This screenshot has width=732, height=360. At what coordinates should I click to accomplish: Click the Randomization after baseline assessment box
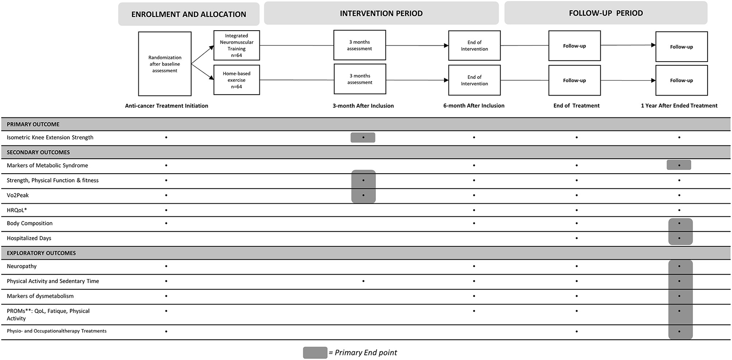(165, 64)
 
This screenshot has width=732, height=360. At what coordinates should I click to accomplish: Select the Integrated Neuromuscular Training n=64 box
(237, 45)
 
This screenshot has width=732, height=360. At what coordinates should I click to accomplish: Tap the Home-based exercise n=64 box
(237, 80)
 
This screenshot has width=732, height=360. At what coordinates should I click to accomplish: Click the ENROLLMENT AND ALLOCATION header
(189, 14)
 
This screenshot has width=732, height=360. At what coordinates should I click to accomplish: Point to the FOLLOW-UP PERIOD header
(606, 13)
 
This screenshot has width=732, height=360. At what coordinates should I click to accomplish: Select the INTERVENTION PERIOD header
(381, 14)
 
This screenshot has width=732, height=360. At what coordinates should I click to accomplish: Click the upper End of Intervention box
(474, 45)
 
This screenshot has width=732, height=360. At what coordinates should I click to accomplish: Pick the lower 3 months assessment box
(360, 79)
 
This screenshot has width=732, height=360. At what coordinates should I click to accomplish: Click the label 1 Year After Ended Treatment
(679, 106)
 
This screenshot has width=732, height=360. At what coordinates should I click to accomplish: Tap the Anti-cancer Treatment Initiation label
(166, 106)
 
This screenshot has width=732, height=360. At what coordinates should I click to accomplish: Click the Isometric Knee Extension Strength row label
(50, 137)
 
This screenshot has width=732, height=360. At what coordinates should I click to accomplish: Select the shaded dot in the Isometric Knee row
(363, 137)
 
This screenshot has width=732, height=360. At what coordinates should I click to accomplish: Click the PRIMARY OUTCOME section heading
(33, 124)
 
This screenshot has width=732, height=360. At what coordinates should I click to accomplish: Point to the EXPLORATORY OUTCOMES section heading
(41, 253)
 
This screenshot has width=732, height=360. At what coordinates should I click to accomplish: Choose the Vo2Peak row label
(18, 195)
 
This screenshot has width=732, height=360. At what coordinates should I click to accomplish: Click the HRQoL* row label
(17, 210)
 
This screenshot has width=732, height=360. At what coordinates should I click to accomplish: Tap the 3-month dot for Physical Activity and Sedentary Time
(363, 281)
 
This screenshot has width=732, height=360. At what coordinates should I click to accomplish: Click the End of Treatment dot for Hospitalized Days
(577, 238)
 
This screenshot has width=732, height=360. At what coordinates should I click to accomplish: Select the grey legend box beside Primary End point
(315, 353)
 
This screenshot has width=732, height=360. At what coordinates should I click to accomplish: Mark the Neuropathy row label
(21, 266)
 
